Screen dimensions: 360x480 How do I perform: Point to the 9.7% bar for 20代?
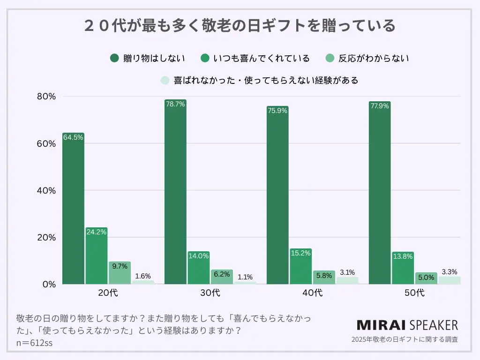click(120, 274)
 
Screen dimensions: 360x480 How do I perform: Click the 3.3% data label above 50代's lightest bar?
click(450, 272)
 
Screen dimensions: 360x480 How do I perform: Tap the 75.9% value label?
click(277, 111)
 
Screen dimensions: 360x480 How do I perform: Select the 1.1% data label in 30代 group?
click(245, 277)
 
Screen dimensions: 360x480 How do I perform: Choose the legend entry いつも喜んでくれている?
click(256, 59)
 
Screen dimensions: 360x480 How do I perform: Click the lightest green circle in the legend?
click(165, 80)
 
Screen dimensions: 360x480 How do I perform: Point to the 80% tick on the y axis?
click(46, 97)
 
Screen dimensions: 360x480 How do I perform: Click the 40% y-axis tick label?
click(46, 191)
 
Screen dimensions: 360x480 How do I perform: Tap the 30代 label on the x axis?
click(210, 293)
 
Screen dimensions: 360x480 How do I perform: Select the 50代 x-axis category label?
click(414, 293)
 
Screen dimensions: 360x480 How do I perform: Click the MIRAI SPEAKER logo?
click(407, 325)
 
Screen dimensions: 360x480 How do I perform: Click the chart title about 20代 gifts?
click(240, 25)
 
